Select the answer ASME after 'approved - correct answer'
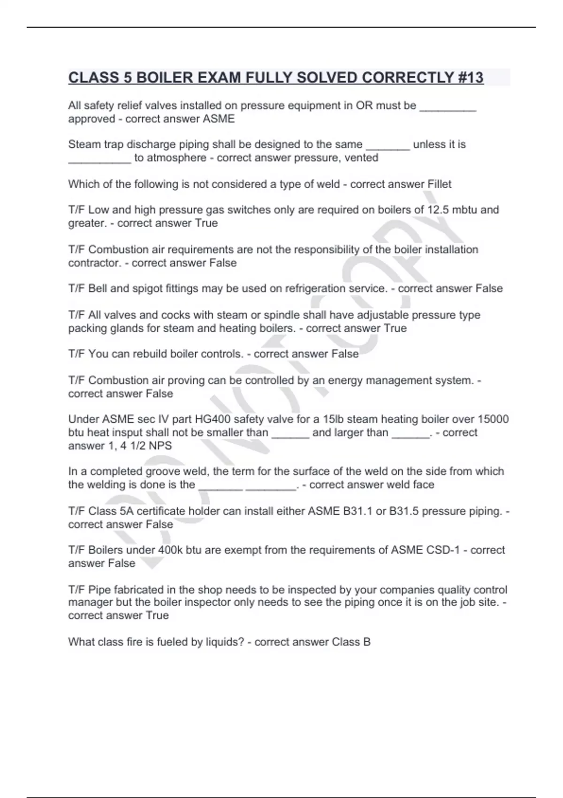pyautogui.click(x=219, y=119)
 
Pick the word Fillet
pyautogui.click(x=439, y=184)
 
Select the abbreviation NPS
pyautogui.click(x=161, y=445)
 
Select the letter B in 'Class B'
pyautogui.click(x=366, y=642)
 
